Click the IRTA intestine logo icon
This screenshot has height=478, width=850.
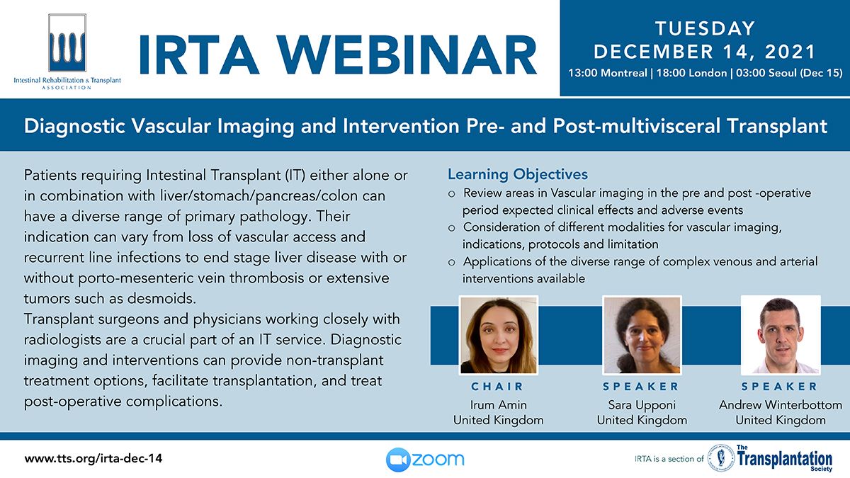point(67,43)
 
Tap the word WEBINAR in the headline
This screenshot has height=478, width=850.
point(407,55)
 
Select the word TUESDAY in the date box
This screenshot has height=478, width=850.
point(705,28)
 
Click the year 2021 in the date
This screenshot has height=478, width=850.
point(790,52)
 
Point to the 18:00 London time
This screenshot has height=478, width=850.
point(691,73)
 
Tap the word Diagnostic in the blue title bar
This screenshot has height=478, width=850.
point(74,126)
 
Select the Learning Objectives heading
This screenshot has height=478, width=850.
point(518,174)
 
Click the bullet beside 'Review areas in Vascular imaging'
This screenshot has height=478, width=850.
point(452,194)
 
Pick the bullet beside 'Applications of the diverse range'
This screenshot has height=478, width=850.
point(452,263)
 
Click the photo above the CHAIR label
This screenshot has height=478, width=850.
point(498,336)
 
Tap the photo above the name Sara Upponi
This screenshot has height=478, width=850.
point(642,336)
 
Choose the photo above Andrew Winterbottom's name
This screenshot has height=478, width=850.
point(781,336)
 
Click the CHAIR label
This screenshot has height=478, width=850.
point(497,387)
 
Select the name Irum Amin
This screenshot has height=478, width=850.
point(498,405)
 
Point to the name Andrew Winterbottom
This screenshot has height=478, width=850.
point(781,405)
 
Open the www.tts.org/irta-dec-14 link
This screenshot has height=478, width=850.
point(93,459)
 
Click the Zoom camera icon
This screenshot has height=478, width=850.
point(397,460)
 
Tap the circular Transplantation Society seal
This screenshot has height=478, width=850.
point(721,459)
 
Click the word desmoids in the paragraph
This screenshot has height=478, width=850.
point(161,299)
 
